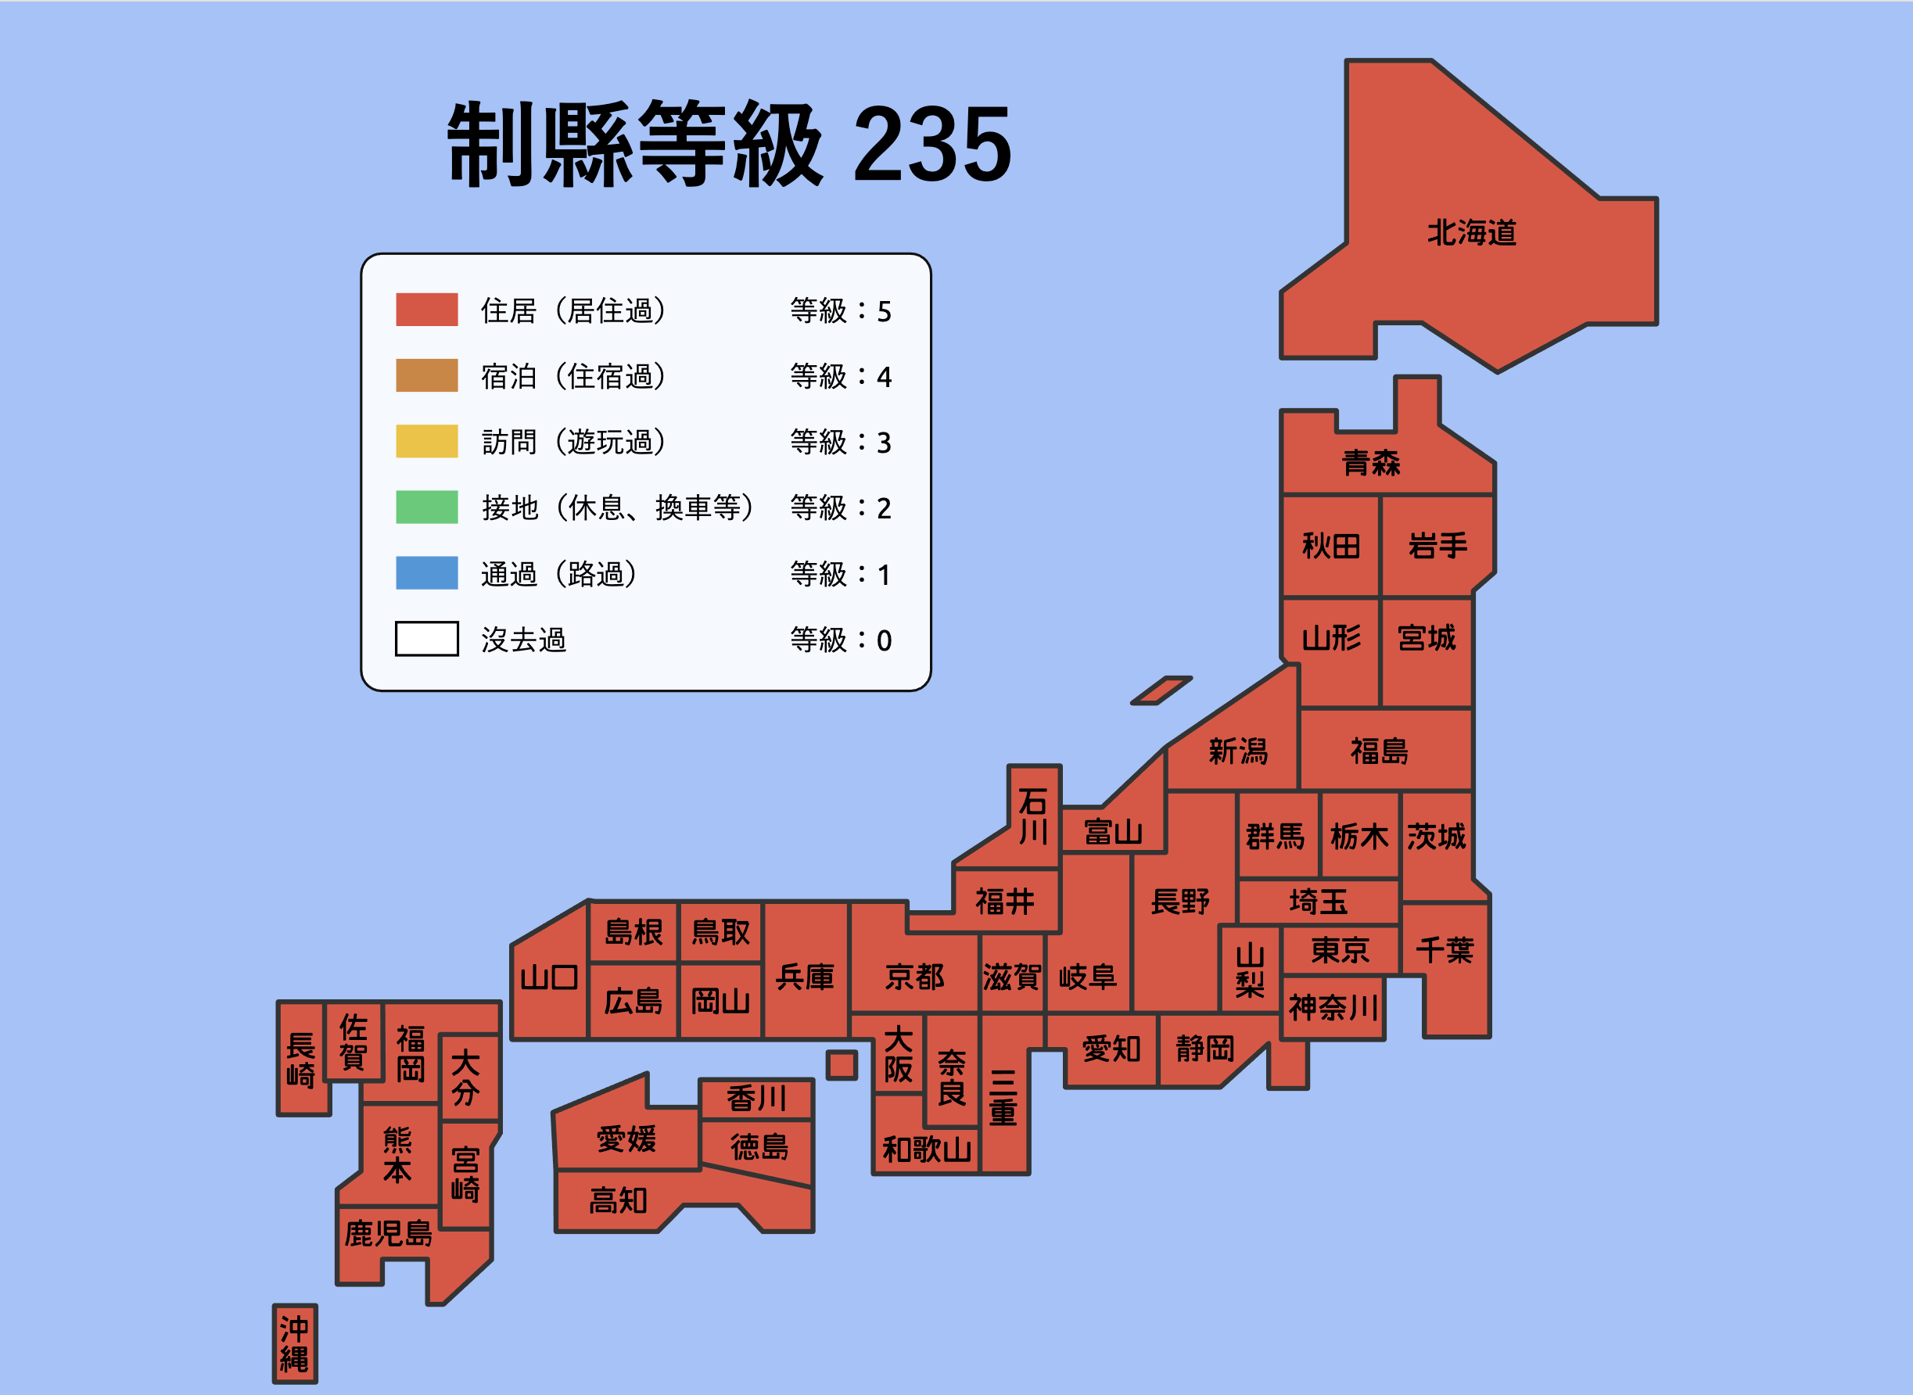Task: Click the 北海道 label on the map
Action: (x=1471, y=233)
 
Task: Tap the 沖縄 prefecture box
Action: (x=295, y=1343)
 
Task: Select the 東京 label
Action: (x=1341, y=951)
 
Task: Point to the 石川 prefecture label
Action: (x=1033, y=816)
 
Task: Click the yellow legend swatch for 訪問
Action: (x=426, y=442)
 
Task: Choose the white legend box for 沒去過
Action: (x=426, y=639)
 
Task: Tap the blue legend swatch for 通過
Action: (x=426, y=573)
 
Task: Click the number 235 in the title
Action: (x=932, y=145)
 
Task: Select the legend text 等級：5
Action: (x=841, y=310)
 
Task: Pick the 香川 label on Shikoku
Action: (x=757, y=1099)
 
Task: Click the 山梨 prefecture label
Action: (x=1250, y=971)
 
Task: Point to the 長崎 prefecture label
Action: (x=300, y=1060)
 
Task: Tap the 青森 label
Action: (x=1372, y=463)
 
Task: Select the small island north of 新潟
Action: (x=1161, y=690)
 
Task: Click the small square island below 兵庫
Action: (x=842, y=1065)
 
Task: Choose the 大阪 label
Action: (x=899, y=1055)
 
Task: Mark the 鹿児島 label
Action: (x=388, y=1234)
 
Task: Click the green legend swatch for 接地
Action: (x=426, y=507)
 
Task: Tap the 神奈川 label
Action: (x=1333, y=1007)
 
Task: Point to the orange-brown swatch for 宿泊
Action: (x=426, y=376)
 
